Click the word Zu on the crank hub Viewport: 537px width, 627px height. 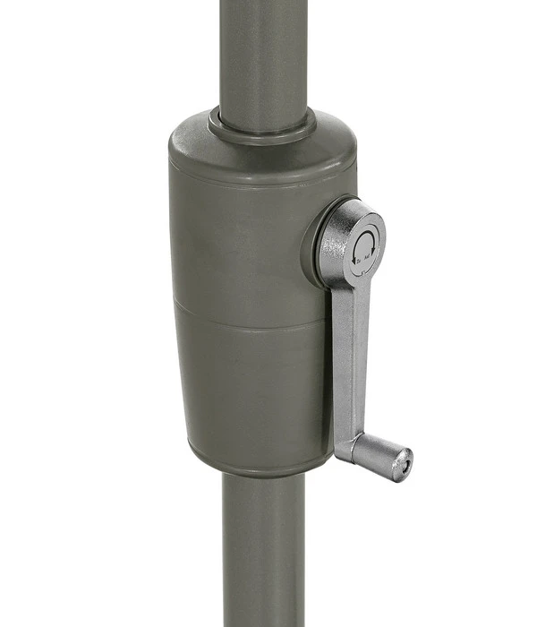(359, 262)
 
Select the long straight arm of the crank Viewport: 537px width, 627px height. (351, 358)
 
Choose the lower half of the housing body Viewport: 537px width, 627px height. (251, 385)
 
